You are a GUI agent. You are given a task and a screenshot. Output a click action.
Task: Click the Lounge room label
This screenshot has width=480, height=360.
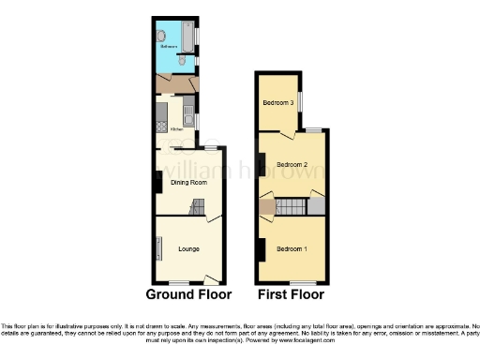188,249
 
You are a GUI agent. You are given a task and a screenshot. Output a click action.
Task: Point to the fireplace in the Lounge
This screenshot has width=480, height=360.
157,248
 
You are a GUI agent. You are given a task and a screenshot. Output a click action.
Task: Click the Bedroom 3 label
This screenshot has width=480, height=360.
277,102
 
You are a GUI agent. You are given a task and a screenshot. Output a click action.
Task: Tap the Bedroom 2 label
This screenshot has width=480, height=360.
292,165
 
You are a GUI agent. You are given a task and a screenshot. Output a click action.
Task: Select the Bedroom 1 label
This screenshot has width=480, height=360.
292,247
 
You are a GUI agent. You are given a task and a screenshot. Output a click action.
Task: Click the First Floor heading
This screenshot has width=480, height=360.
292,293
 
